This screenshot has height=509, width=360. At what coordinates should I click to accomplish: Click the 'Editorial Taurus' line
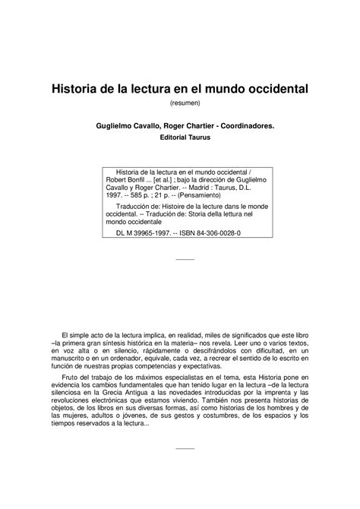coord(180,139)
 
